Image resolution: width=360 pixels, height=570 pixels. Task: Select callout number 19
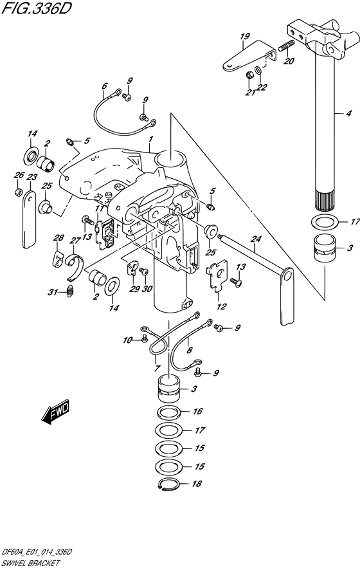[245, 37]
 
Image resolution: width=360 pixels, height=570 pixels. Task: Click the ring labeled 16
[169, 413]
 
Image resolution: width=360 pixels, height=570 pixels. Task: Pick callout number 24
[256, 239]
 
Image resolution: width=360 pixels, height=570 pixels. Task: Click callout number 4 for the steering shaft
[348, 114]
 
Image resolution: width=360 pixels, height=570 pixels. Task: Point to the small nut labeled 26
[18, 192]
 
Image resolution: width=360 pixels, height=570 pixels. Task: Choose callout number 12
[221, 306]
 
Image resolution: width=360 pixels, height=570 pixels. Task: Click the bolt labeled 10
[143, 339]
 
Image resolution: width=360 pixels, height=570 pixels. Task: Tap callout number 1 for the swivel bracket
[151, 139]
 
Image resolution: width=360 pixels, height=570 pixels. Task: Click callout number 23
[32, 178]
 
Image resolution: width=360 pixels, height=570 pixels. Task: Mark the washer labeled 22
[258, 69]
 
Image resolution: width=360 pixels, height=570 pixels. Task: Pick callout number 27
[75, 240]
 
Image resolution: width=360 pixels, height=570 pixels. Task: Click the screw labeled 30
[143, 271]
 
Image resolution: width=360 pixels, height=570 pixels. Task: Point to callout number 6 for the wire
[105, 86]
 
